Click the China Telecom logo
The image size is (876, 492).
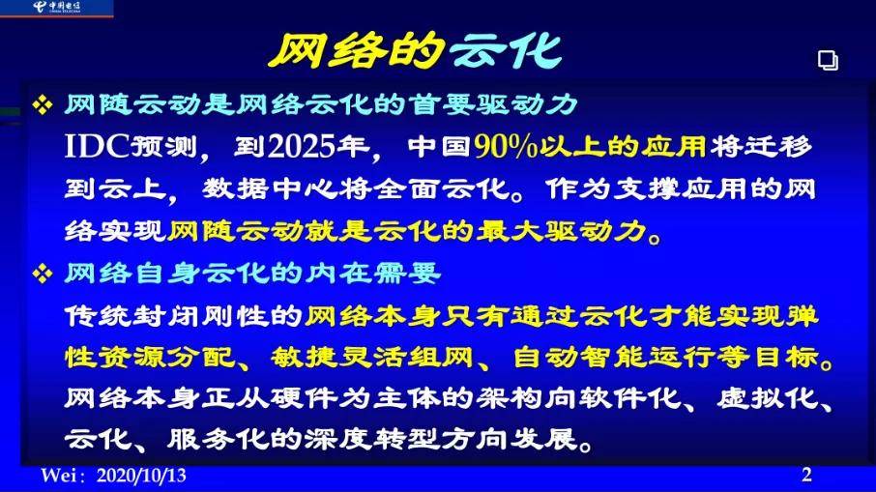pyautogui.click(x=57, y=8)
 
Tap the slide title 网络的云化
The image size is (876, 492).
pyautogui.click(x=415, y=51)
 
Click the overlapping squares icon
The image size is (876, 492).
pyautogui.click(x=828, y=60)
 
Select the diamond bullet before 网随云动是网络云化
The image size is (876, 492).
pyautogui.click(x=43, y=104)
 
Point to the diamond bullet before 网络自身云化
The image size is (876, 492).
pyautogui.click(x=43, y=274)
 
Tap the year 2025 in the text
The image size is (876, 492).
pyautogui.click(x=301, y=146)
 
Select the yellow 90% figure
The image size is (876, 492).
pyautogui.click(x=506, y=146)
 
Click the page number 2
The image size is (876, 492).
pyautogui.click(x=806, y=475)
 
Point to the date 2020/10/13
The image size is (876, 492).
pyautogui.click(x=141, y=476)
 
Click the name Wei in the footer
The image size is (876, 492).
pyautogui.click(x=58, y=476)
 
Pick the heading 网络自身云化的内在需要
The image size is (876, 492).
pyautogui.click(x=253, y=274)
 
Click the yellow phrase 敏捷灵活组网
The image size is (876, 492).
pyautogui.click(x=372, y=357)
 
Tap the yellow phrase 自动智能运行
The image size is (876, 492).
pyautogui.click(x=615, y=357)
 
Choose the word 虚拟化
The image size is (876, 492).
pyautogui.click(x=768, y=397)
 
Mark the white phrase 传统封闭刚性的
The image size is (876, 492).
pyautogui.click(x=184, y=316)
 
